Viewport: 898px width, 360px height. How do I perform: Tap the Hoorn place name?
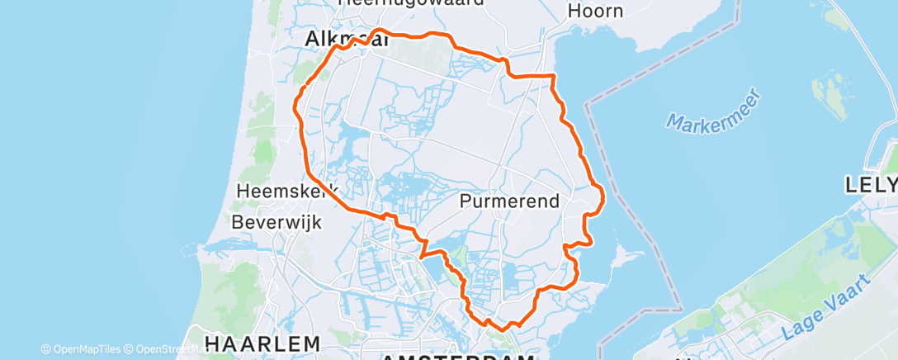[594, 12]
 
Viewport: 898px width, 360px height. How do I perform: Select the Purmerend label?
[509, 201]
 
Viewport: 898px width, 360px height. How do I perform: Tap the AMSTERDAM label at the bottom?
[458, 355]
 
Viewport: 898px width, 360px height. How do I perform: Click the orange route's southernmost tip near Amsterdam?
[502, 329]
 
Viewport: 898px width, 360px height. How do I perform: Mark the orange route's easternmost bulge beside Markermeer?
[603, 197]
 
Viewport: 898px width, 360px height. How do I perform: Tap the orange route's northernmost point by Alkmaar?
[380, 31]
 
